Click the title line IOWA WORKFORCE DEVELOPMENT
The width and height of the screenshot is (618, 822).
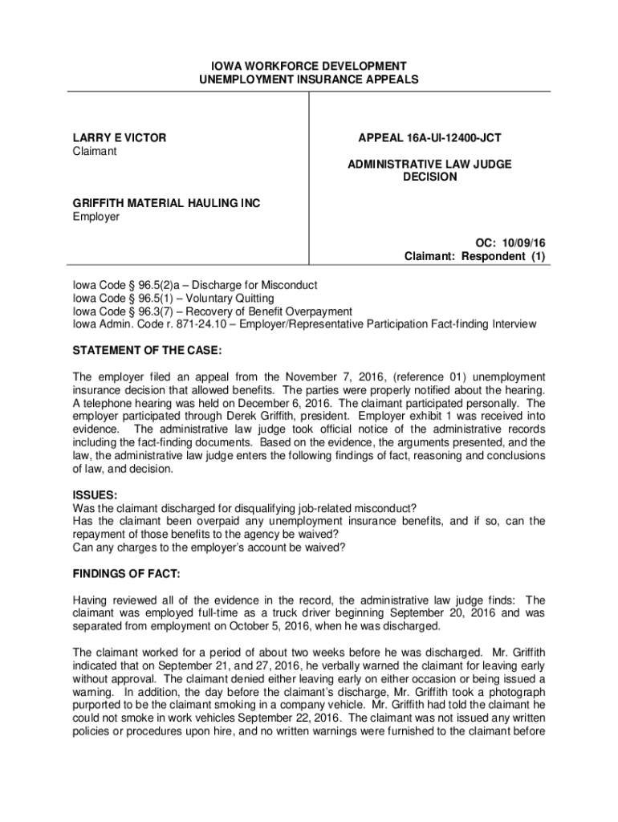click(309, 65)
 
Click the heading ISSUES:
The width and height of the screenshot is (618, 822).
click(95, 495)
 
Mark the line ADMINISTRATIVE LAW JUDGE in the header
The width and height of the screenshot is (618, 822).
click(429, 164)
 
